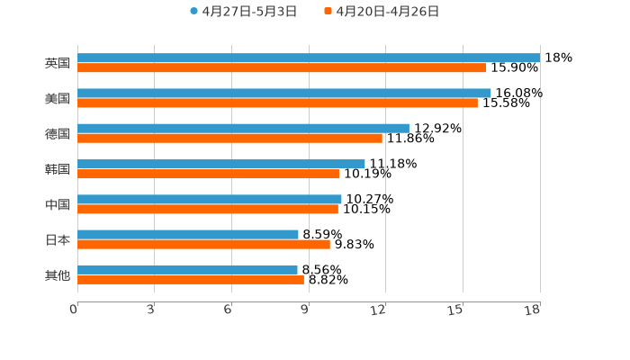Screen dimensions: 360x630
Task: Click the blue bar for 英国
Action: click(309, 58)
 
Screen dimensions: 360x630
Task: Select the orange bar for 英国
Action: click(282, 67)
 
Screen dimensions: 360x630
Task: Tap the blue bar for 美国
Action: click(284, 93)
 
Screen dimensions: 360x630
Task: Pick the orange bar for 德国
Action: click(229, 138)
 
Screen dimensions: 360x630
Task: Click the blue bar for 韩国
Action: click(221, 164)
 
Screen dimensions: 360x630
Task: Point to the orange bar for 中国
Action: click(208, 209)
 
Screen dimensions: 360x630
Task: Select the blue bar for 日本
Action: click(188, 234)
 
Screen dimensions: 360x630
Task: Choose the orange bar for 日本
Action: click(203, 244)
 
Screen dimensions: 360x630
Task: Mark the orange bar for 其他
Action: click(191, 279)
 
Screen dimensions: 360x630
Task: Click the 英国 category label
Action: click(58, 63)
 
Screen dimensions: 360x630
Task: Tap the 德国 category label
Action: click(58, 133)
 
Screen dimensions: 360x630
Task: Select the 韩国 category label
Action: click(58, 169)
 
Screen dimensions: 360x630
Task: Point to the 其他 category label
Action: click(58, 274)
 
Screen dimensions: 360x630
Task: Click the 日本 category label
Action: click(58, 239)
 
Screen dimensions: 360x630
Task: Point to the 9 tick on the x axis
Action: click(305, 310)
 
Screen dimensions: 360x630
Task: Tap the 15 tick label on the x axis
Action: click(459, 310)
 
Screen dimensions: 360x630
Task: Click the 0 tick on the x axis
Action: click(74, 310)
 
